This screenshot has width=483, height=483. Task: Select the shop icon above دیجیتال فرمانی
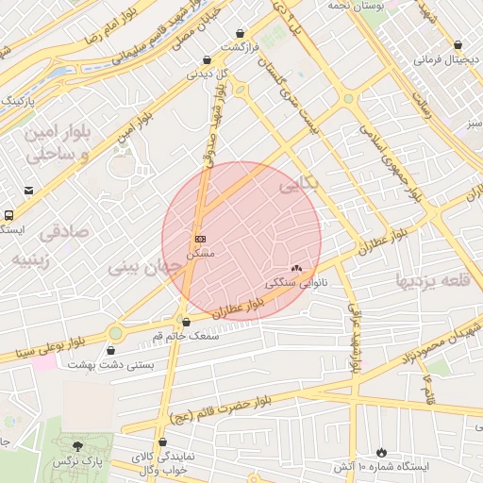(x=458, y=45)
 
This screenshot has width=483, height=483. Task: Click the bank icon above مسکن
(x=200, y=240)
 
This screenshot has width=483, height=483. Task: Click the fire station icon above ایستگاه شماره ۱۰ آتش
(x=381, y=453)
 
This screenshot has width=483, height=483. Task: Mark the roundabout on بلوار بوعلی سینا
(x=115, y=332)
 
